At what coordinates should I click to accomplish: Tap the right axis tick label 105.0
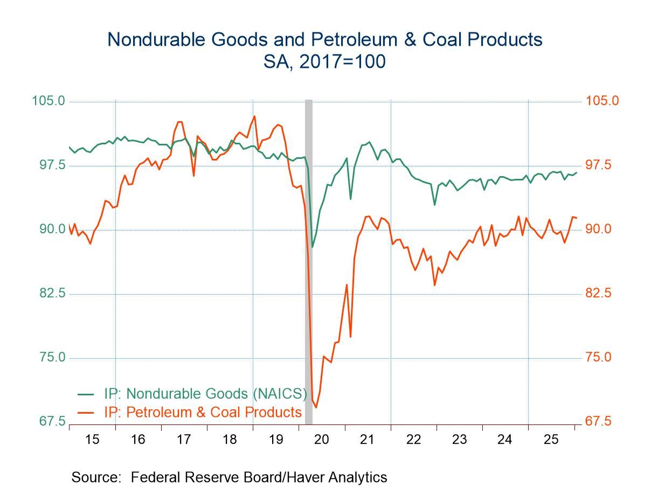tap(599, 101)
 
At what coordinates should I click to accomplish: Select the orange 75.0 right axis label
tap(599, 357)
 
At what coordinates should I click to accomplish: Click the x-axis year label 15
tap(92, 440)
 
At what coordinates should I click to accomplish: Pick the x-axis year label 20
tap(322, 440)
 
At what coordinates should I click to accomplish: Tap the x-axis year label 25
tap(551, 440)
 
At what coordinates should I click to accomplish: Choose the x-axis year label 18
tap(230, 440)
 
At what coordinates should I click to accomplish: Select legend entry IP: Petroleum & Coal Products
tap(202, 412)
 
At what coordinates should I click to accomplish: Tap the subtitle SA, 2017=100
tap(325, 62)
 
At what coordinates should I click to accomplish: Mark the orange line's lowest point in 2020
tap(316, 407)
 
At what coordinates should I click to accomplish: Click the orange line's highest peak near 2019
tap(254, 116)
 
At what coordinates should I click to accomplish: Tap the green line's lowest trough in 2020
tap(312, 247)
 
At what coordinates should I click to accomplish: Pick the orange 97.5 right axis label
tap(599, 165)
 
